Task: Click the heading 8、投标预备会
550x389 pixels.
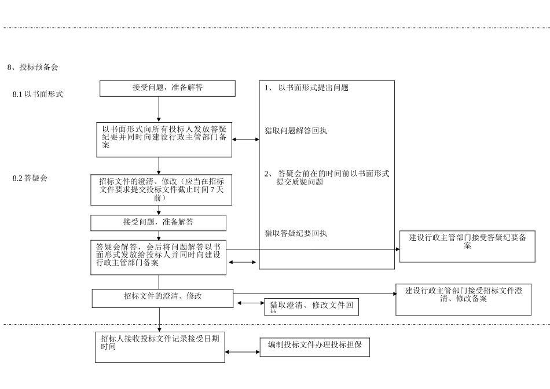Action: (33, 67)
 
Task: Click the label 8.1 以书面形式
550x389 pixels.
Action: (38, 94)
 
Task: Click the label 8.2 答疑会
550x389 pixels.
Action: (30, 178)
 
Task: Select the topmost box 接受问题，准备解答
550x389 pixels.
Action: (167, 88)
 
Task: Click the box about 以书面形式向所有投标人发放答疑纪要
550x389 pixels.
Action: (164, 139)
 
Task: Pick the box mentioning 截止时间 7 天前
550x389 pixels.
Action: (161, 189)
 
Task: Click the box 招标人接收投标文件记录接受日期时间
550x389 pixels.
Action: (160, 347)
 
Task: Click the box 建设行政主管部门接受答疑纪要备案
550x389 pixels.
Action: (467, 246)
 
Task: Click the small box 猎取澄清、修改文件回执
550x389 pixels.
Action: (311, 307)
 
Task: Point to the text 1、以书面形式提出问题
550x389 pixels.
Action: (306, 88)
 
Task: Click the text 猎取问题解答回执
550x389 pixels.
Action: (296, 131)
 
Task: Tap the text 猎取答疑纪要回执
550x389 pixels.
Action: (296, 234)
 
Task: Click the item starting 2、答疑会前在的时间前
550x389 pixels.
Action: (327, 177)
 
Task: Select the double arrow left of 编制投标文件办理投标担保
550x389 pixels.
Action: (243, 352)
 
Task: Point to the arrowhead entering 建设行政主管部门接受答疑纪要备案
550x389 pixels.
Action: (397, 249)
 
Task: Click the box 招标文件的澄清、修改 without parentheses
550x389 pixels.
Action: (163, 298)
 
